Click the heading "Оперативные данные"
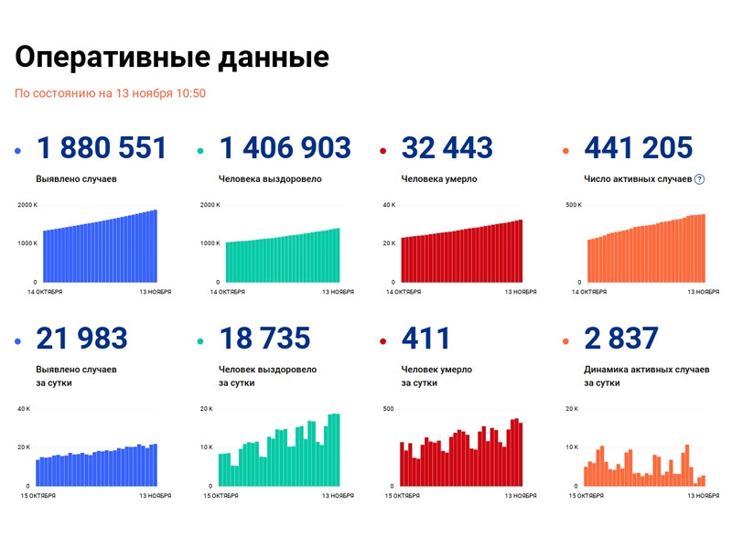(171, 57)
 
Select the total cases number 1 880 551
(101, 148)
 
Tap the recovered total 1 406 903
(285, 148)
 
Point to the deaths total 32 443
(447, 148)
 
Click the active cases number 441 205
(638, 148)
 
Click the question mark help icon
(700, 179)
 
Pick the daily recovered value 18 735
(264, 339)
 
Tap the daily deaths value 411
(426, 339)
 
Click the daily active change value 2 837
(620, 339)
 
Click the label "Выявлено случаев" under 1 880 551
(76, 179)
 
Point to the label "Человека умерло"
(439, 179)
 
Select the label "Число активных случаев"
(637, 179)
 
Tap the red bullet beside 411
(385, 341)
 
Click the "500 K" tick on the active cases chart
(574, 205)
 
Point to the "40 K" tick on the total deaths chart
(389, 205)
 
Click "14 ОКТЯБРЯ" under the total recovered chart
(227, 292)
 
